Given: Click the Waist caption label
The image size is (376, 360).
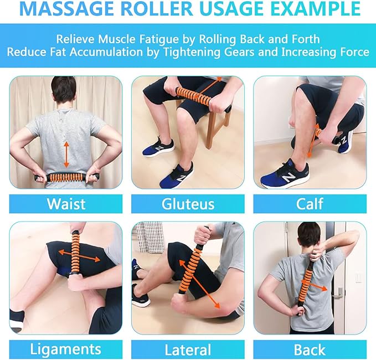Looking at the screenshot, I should click(66, 203).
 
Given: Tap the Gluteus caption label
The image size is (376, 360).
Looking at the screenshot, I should click(188, 204).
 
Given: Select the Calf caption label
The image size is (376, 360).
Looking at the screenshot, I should click(310, 203).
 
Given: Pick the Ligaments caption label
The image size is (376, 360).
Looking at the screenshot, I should click(66, 349).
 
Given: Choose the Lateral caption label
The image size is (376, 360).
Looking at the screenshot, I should click(188, 349).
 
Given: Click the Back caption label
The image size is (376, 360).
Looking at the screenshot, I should click(310, 349).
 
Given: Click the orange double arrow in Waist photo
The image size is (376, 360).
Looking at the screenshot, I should click(66, 153).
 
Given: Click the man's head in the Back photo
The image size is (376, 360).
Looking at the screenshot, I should click(308, 235).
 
